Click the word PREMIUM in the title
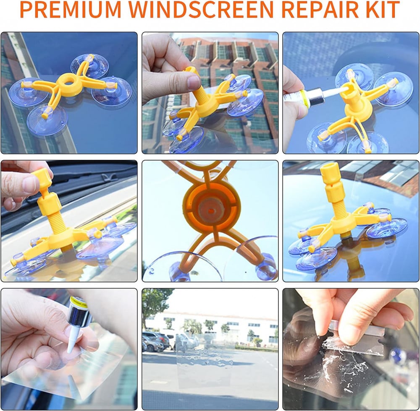[x=70, y=10]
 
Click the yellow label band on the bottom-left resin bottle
[x=79, y=304]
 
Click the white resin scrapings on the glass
[x=346, y=367]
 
